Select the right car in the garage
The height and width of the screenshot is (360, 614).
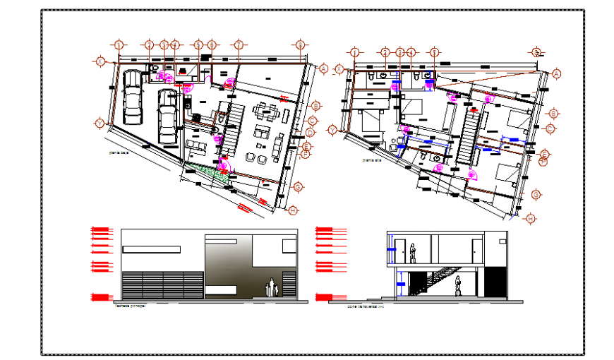167,115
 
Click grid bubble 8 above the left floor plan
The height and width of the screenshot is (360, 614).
301,45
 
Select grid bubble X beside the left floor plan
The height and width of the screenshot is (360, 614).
101,62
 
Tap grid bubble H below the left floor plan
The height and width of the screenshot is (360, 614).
293,209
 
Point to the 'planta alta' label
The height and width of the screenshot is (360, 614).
371,160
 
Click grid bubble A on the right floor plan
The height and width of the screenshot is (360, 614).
556,73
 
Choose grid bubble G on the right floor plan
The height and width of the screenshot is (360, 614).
536,195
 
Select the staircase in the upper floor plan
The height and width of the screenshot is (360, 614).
466,138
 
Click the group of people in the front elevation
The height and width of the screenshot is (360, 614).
271,288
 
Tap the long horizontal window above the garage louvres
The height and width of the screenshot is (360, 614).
152,248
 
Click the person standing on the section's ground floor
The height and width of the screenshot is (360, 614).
458,286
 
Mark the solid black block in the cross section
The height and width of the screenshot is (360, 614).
496,281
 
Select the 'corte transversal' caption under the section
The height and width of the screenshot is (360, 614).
362,306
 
